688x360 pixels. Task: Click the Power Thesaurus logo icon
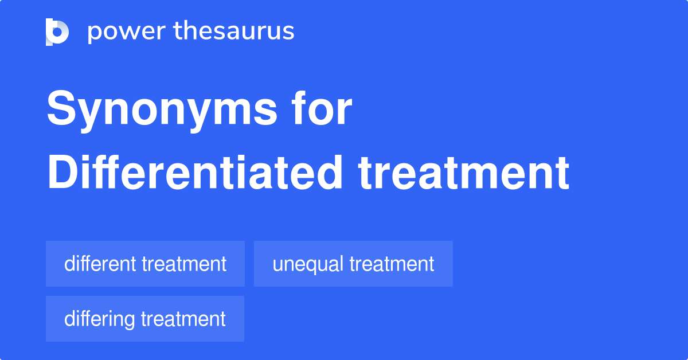click(x=57, y=32)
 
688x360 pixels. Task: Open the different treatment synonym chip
click(x=145, y=264)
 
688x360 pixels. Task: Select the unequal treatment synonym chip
click(x=353, y=264)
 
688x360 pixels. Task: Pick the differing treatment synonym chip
click(x=145, y=319)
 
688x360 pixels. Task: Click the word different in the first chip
click(x=100, y=264)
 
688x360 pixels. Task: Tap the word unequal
click(x=308, y=265)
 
